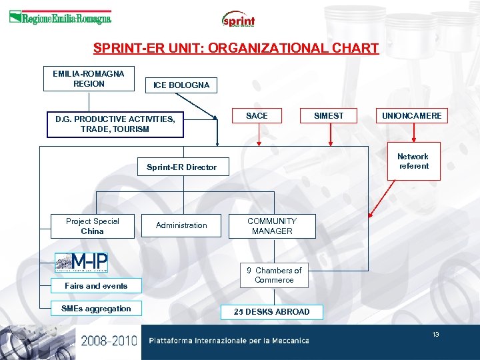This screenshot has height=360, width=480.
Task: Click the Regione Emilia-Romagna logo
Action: point(60,18)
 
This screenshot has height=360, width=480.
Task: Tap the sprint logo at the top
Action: point(238,19)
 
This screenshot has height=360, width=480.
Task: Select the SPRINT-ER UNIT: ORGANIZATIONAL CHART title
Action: point(236,49)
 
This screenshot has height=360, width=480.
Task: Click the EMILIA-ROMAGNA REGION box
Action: point(89,79)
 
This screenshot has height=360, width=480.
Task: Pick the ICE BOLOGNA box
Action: point(181,85)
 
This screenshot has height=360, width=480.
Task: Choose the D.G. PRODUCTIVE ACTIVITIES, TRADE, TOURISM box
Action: point(115,124)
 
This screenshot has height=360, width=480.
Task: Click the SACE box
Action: point(257,116)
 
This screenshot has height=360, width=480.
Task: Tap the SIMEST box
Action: point(329,116)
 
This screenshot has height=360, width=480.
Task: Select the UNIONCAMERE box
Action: point(411,116)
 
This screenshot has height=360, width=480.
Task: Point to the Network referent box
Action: point(413,161)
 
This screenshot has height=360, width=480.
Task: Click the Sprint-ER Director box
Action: point(181,167)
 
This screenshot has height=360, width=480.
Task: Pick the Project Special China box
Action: point(92,226)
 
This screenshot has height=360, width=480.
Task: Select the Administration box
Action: point(181,225)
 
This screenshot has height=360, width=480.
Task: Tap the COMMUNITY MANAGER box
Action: point(272,226)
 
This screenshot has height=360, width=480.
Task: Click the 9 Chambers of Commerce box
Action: point(274,275)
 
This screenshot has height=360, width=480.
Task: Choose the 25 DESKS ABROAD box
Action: point(272,311)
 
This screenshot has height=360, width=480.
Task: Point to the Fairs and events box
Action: point(96,286)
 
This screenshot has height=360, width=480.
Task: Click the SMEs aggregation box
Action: point(96,309)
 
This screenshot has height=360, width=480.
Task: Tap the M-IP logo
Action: point(81,263)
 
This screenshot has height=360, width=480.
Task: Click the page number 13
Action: point(435,335)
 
